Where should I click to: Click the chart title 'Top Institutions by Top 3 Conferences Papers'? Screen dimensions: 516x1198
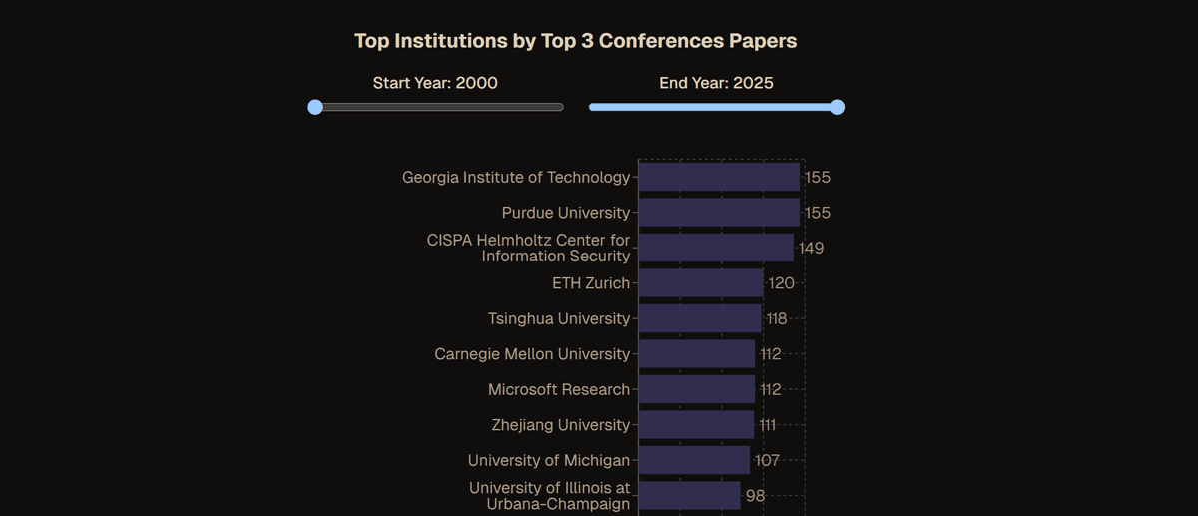575,41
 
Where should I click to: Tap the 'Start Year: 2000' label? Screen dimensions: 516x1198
435,83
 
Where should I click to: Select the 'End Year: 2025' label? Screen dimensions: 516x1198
716,83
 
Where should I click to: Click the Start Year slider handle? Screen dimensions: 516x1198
315,107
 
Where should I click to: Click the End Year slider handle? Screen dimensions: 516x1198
837,107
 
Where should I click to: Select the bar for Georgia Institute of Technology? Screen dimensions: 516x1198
719,177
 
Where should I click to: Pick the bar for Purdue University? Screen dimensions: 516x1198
719,213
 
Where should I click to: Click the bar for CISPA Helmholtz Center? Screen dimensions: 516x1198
716,248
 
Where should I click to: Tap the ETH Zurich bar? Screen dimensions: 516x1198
701,283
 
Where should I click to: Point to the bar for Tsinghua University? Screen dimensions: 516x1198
700,318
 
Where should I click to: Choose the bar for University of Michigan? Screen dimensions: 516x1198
694,460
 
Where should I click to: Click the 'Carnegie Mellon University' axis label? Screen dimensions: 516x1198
532,354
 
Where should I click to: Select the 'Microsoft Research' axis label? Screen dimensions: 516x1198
559,389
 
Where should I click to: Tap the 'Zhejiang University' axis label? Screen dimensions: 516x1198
561,425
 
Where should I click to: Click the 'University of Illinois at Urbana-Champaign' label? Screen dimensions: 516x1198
549,496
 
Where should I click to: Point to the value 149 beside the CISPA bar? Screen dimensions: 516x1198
811,248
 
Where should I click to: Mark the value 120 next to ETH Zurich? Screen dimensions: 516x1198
781,283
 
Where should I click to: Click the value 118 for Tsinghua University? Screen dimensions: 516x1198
776,318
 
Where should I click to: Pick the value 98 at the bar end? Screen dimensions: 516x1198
755,496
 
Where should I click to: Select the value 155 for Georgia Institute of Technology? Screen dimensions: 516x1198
817,177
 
